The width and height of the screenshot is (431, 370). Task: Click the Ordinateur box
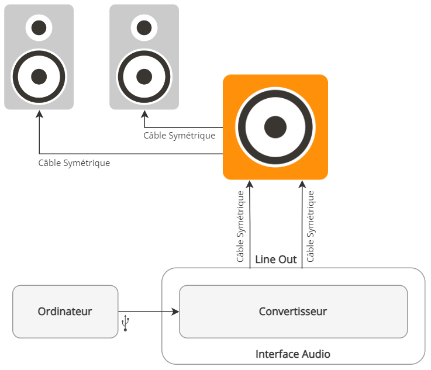tap(65, 312)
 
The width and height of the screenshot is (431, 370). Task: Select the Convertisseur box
tap(293, 312)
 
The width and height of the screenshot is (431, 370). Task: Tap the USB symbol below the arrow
tap(125, 324)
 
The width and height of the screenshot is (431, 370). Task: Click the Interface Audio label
tap(292, 354)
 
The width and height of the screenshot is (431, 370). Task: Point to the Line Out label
tap(276, 259)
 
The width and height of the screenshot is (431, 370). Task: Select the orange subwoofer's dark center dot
tap(275, 127)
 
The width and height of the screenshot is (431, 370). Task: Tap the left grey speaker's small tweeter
tap(39, 27)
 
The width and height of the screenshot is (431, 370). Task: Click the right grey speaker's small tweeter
tap(144, 27)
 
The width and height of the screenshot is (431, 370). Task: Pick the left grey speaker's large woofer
tap(39, 76)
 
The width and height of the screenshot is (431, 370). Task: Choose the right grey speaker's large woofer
tap(144, 76)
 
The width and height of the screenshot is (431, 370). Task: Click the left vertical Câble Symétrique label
tap(240, 226)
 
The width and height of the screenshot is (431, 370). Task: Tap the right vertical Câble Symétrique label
tap(311, 226)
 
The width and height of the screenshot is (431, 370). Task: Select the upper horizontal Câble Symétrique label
tap(180, 136)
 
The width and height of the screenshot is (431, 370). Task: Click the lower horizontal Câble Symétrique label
tap(74, 163)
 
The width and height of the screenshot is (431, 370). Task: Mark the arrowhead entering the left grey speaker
tap(39, 115)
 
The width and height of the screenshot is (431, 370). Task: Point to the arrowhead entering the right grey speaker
tap(144, 115)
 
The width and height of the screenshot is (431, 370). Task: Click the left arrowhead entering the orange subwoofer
tap(250, 184)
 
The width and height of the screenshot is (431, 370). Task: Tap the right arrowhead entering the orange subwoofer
tap(302, 184)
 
